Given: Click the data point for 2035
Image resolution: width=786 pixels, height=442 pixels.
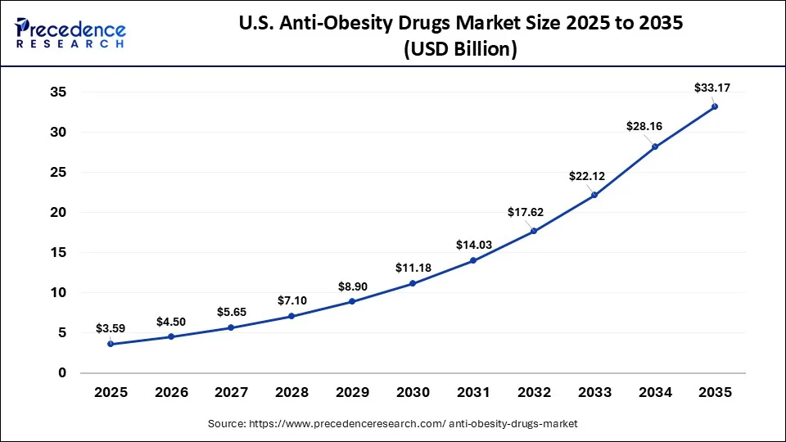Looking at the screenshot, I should (x=715, y=106).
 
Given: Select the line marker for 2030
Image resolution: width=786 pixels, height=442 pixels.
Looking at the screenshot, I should (x=413, y=283).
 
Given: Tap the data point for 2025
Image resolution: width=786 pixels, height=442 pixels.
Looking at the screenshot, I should (x=111, y=344).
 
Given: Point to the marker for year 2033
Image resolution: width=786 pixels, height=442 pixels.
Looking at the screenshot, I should (x=594, y=195).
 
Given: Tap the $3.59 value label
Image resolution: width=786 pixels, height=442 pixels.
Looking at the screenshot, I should (x=110, y=328).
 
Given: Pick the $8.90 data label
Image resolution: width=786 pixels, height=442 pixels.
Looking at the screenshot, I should (x=352, y=286).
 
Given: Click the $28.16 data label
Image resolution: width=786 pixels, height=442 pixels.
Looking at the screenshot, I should (x=644, y=126).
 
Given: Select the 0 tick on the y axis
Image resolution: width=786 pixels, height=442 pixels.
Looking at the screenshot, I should (x=61, y=373).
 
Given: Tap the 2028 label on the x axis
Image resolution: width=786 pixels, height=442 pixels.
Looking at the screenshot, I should (x=291, y=393).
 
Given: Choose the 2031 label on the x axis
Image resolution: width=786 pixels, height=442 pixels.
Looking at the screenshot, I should (x=473, y=393).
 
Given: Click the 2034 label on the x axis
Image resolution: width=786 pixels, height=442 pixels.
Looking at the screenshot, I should (x=654, y=393).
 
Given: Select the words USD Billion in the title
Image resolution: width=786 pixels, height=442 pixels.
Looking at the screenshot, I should (x=462, y=49).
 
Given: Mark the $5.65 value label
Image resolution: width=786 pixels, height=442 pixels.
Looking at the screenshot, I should (x=232, y=312).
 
